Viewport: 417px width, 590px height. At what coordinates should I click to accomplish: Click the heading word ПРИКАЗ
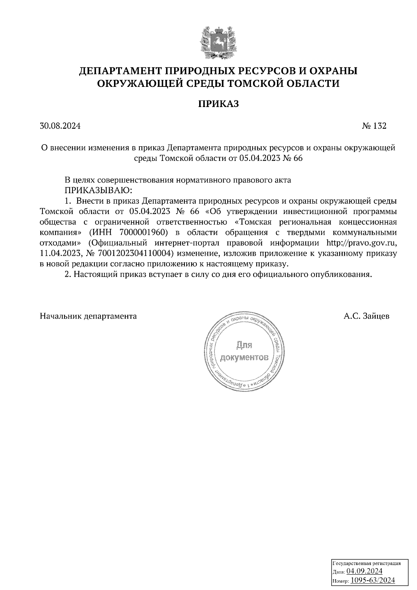pyautogui.click(x=219, y=104)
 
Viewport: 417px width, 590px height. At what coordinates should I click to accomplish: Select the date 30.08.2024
pyautogui.click(x=60, y=126)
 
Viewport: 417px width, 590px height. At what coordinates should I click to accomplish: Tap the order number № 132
pyautogui.click(x=374, y=126)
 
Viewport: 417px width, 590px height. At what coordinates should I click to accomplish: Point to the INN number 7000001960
pyautogui.click(x=142, y=232)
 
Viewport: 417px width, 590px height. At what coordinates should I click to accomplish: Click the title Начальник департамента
pyautogui.click(x=88, y=316)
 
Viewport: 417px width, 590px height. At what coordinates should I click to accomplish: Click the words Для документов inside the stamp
pyautogui.click(x=245, y=351)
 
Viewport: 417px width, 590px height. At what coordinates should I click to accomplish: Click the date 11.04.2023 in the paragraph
pyautogui.click(x=59, y=253)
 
